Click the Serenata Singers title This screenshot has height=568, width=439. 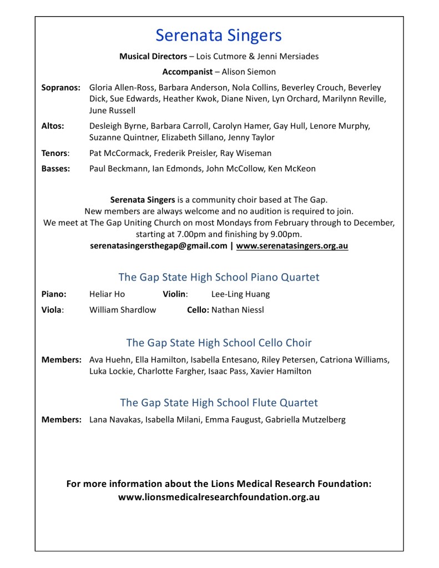point(219,36)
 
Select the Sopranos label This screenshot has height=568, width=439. point(61,88)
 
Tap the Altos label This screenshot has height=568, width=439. point(53,126)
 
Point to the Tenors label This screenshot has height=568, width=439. point(55,153)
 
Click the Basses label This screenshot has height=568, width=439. point(55,169)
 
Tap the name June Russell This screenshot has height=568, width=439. point(112,110)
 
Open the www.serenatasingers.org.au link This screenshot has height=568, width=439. point(292,245)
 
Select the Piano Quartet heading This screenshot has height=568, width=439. point(219,277)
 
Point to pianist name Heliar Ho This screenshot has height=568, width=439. point(107,294)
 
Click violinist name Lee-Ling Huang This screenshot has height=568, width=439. point(240,294)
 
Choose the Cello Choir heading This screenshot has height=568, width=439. point(219,343)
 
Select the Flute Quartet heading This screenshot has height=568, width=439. point(219,403)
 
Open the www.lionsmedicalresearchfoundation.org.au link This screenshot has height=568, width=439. point(219,497)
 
